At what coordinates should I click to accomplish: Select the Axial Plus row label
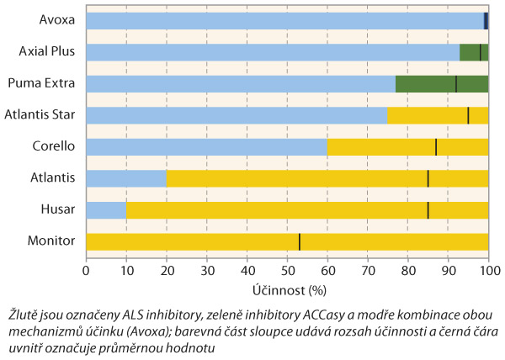point(47,51)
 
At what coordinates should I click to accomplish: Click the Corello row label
point(53,146)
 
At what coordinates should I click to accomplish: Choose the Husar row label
point(57,209)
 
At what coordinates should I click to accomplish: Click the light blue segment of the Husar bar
point(106,209)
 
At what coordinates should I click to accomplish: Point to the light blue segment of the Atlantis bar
point(126,178)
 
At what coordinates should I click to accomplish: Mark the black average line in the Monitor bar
point(300,241)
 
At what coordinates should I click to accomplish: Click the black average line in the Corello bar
point(436,146)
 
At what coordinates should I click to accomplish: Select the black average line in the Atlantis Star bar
point(468,114)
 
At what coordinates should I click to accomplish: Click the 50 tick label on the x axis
point(287,271)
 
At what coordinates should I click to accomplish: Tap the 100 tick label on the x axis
point(489,271)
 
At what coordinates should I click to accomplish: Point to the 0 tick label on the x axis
point(86,271)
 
